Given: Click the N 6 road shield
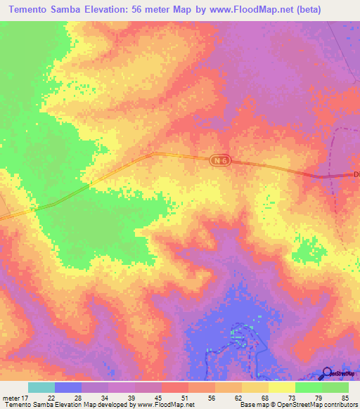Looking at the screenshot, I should [x=219, y=160].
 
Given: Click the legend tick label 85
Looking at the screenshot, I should [x=344, y=398].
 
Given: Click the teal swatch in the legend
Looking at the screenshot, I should [x=41, y=387].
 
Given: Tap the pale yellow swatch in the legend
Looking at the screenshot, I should [x=282, y=387].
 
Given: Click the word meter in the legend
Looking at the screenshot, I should [x=11, y=398].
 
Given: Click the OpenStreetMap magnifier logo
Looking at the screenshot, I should [x=327, y=373].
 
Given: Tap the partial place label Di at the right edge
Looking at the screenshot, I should [x=356, y=174].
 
